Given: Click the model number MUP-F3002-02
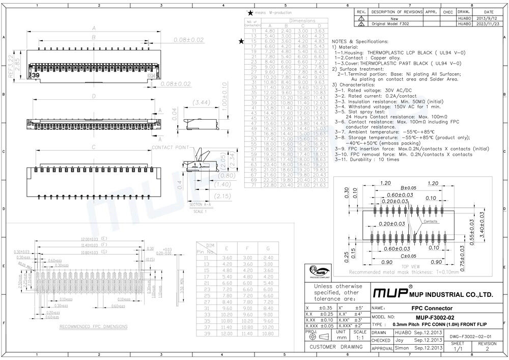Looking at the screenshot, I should (426, 317).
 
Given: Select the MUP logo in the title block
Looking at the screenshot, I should (390, 294).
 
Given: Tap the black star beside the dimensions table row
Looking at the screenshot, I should (241, 41).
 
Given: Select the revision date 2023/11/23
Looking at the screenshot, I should (489, 23).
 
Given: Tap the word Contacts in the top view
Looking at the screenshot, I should (431, 221).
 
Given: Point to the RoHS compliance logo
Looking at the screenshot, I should (318, 272).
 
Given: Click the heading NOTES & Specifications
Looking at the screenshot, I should (359, 41).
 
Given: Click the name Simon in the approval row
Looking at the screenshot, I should (402, 348).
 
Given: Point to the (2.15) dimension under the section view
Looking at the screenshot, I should (208, 196).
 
